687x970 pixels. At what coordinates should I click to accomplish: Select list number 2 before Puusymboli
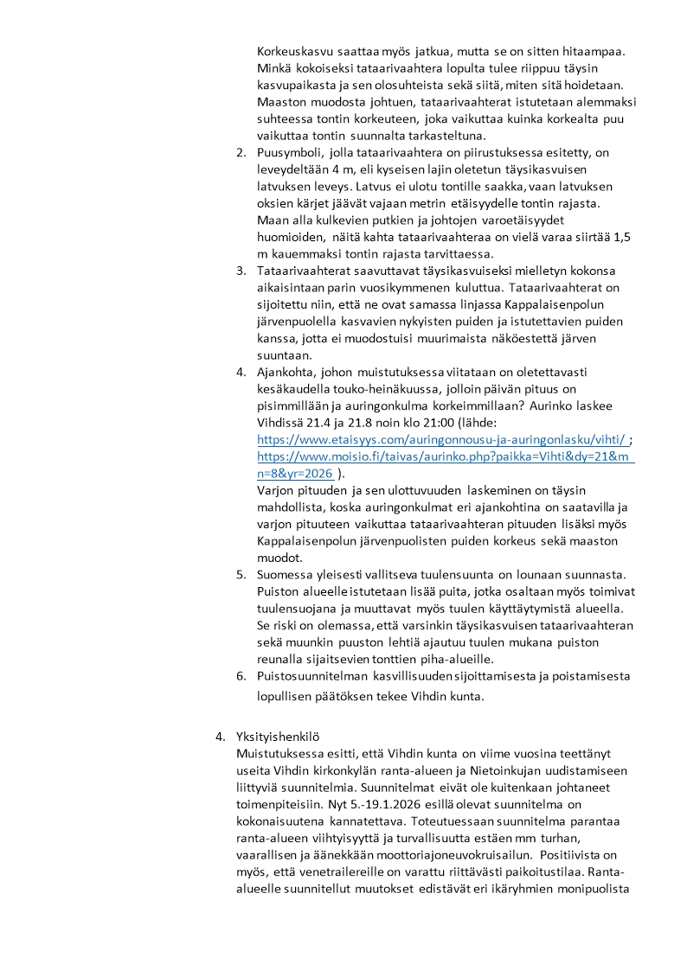tap(241, 152)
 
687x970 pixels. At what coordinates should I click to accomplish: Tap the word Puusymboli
tap(292, 152)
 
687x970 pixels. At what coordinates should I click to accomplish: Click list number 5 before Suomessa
tap(241, 575)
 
